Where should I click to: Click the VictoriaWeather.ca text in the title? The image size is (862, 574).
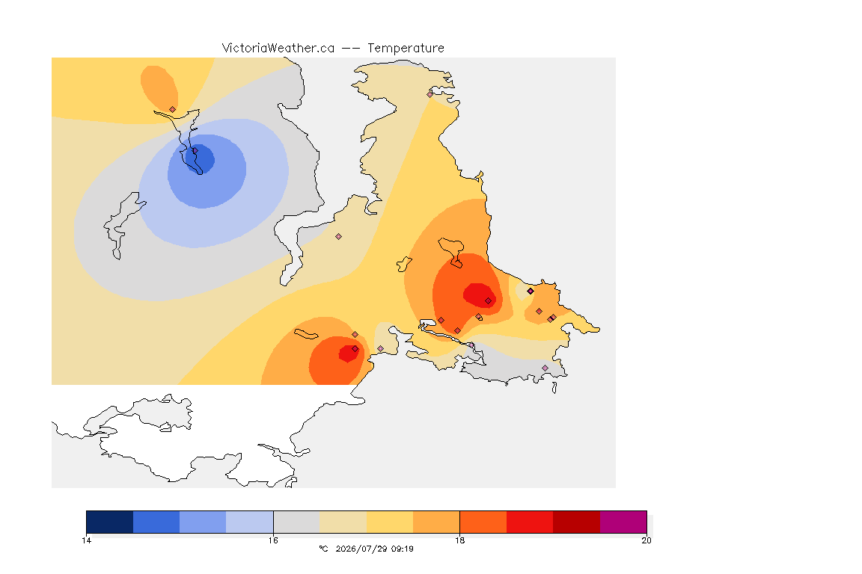pos(278,49)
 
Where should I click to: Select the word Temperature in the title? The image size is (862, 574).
pos(406,49)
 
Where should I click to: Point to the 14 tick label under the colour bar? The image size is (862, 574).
pos(86,540)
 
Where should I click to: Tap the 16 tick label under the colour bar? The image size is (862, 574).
pos(273,540)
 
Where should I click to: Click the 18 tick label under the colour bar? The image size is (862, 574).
pos(459,540)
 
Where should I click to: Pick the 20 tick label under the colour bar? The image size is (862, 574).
pos(646,540)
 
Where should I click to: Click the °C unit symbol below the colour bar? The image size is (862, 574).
pos(323,549)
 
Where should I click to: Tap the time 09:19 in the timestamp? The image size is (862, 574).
pos(403,549)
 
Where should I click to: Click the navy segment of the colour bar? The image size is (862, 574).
pos(110,522)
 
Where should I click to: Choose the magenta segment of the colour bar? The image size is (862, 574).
pos(623,522)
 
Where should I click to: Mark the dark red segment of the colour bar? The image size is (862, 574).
pos(577,522)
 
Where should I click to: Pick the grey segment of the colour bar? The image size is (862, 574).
pos(296,522)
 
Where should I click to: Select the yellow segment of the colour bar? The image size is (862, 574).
pos(390,522)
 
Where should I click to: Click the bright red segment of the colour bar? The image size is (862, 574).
pos(530,522)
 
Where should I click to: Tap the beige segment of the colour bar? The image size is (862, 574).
pos(343,522)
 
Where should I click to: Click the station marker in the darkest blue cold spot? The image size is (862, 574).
pos(195,150)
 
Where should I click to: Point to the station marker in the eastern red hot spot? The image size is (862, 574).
pos(488,301)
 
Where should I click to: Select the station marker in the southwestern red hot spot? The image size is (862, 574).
pos(355,349)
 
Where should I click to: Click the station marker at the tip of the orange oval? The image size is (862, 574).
pos(173,109)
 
